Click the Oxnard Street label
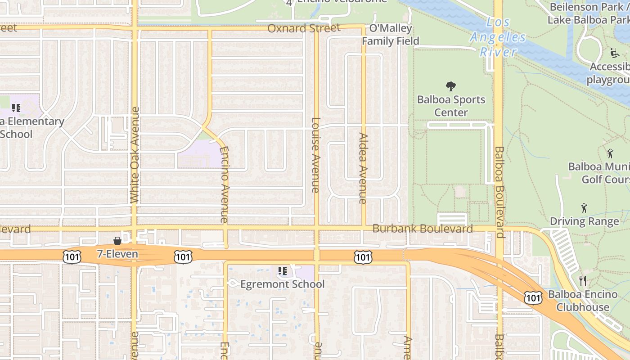(x=304, y=28)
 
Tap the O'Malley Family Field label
(x=391, y=35)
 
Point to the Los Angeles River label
(x=498, y=37)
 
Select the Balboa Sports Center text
(x=451, y=106)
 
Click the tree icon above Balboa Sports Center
(x=450, y=86)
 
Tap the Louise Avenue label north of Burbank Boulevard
(x=315, y=155)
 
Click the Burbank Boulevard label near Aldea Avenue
(x=423, y=229)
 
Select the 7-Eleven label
(x=117, y=254)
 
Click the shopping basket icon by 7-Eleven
(x=117, y=241)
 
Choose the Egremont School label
(x=282, y=284)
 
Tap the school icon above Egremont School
(x=283, y=271)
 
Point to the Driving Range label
(x=584, y=221)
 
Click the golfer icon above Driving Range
(x=584, y=208)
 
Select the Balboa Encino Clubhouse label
(x=583, y=301)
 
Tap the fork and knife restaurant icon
(x=583, y=281)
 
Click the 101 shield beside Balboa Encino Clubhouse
(x=533, y=297)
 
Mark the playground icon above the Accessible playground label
(x=614, y=53)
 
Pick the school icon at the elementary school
(x=16, y=108)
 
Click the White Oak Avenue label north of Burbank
(x=135, y=155)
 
